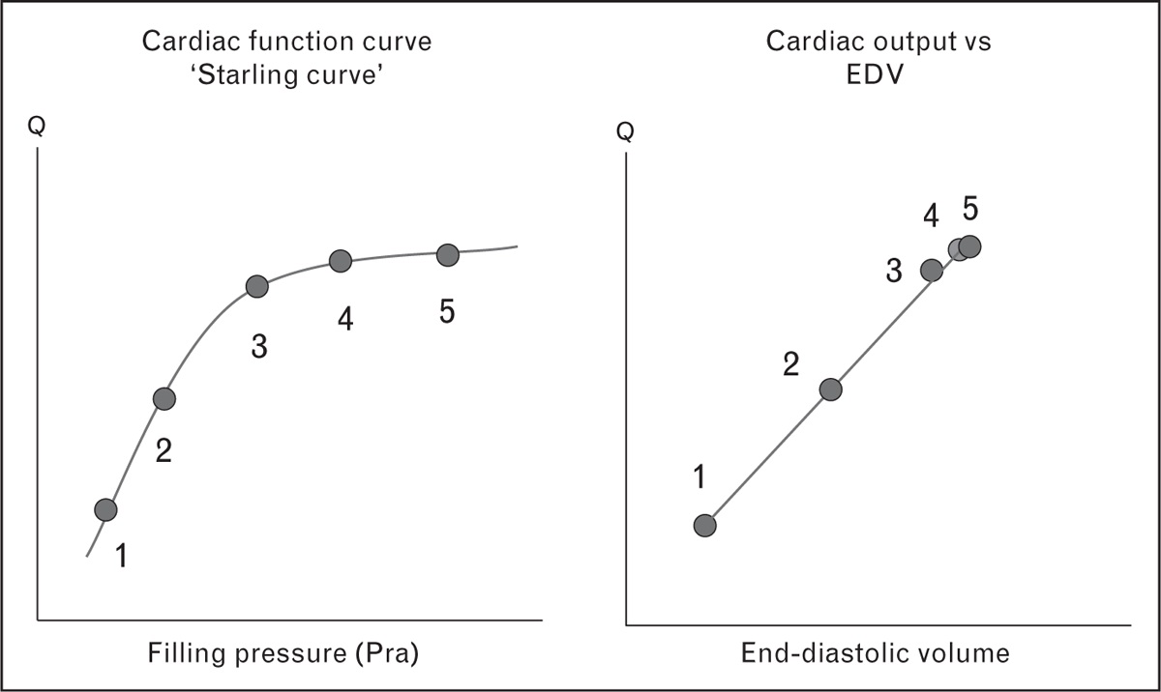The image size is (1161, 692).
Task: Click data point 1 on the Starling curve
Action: click(x=105, y=509)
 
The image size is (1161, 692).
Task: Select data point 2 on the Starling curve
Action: click(x=164, y=397)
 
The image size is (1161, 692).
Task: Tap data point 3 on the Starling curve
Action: click(x=256, y=286)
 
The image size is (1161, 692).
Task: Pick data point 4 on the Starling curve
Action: click(x=340, y=261)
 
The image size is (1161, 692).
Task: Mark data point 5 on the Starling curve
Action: click(x=446, y=254)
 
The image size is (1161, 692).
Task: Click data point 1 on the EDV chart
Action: click(x=705, y=525)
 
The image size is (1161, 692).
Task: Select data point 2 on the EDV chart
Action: click(x=830, y=389)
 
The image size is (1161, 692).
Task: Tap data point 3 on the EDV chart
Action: click(x=931, y=270)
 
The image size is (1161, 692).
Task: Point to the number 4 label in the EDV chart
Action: click(x=931, y=216)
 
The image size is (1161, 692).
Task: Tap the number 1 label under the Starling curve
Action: click(x=121, y=555)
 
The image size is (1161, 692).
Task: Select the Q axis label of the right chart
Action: click(x=626, y=130)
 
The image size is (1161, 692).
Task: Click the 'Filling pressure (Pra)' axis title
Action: click(x=283, y=652)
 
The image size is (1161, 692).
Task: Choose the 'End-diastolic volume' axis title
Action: click(x=875, y=653)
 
